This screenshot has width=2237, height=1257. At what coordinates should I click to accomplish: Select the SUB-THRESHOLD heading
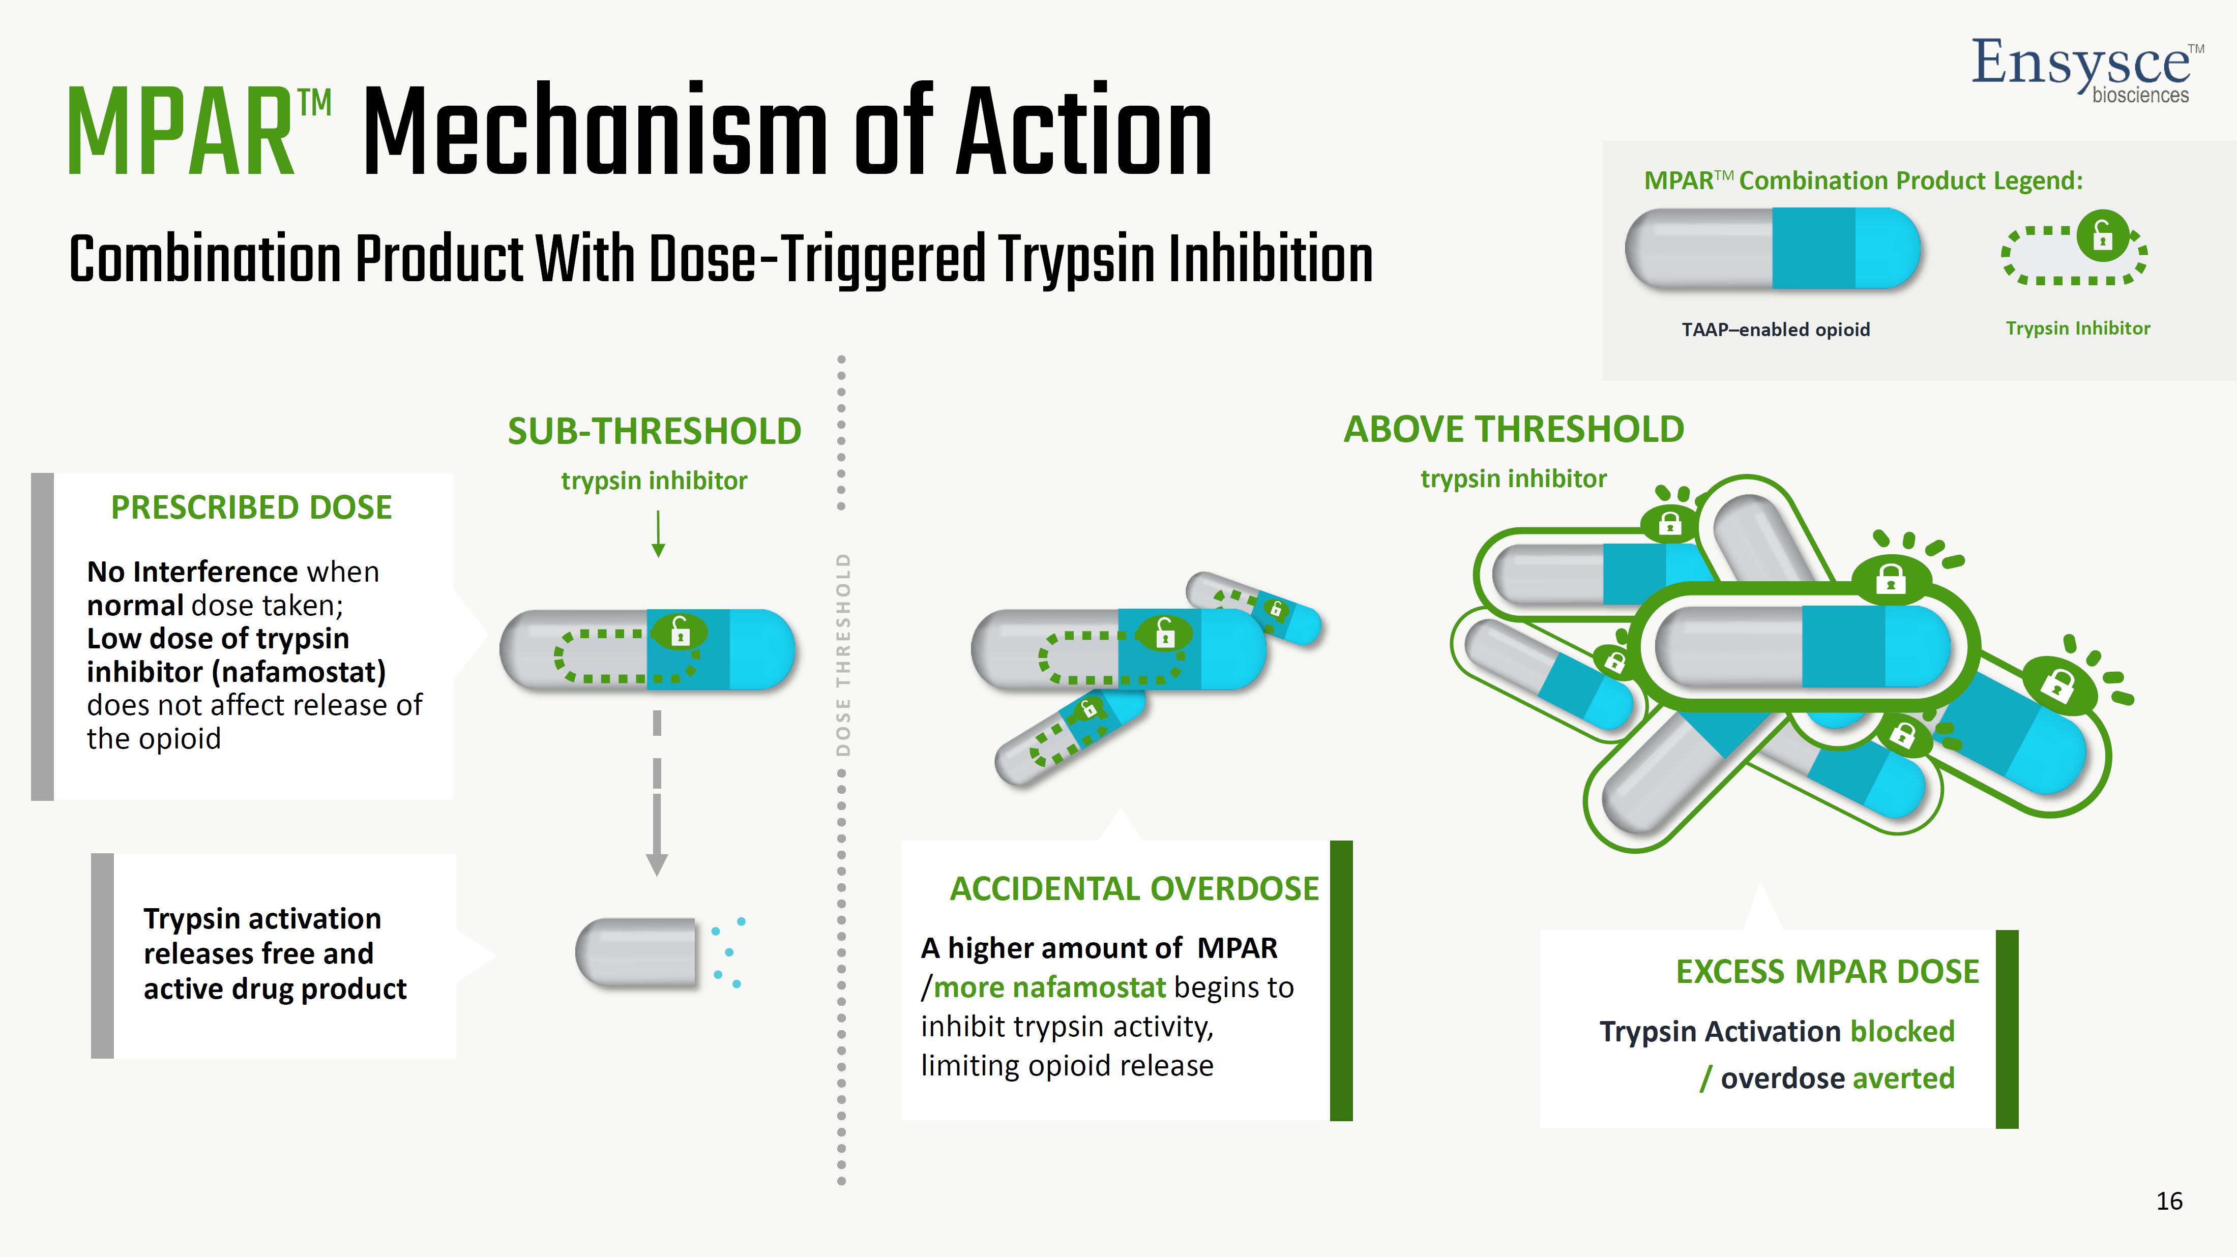[654, 431]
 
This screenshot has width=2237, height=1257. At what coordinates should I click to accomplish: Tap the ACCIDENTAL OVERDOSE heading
[1134, 889]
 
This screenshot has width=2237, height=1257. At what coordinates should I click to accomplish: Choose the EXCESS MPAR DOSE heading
[1827, 971]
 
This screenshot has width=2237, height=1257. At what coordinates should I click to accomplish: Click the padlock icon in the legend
[2102, 235]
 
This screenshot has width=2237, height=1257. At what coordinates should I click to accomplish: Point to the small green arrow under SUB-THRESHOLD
[658, 533]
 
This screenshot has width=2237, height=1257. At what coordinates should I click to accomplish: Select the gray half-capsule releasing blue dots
[636, 953]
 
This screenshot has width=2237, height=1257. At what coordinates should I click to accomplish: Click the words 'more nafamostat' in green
[1049, 987]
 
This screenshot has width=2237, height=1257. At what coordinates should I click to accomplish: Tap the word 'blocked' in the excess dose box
[1902, 1031]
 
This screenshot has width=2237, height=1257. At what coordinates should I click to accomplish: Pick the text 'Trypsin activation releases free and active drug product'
[275, 953]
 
